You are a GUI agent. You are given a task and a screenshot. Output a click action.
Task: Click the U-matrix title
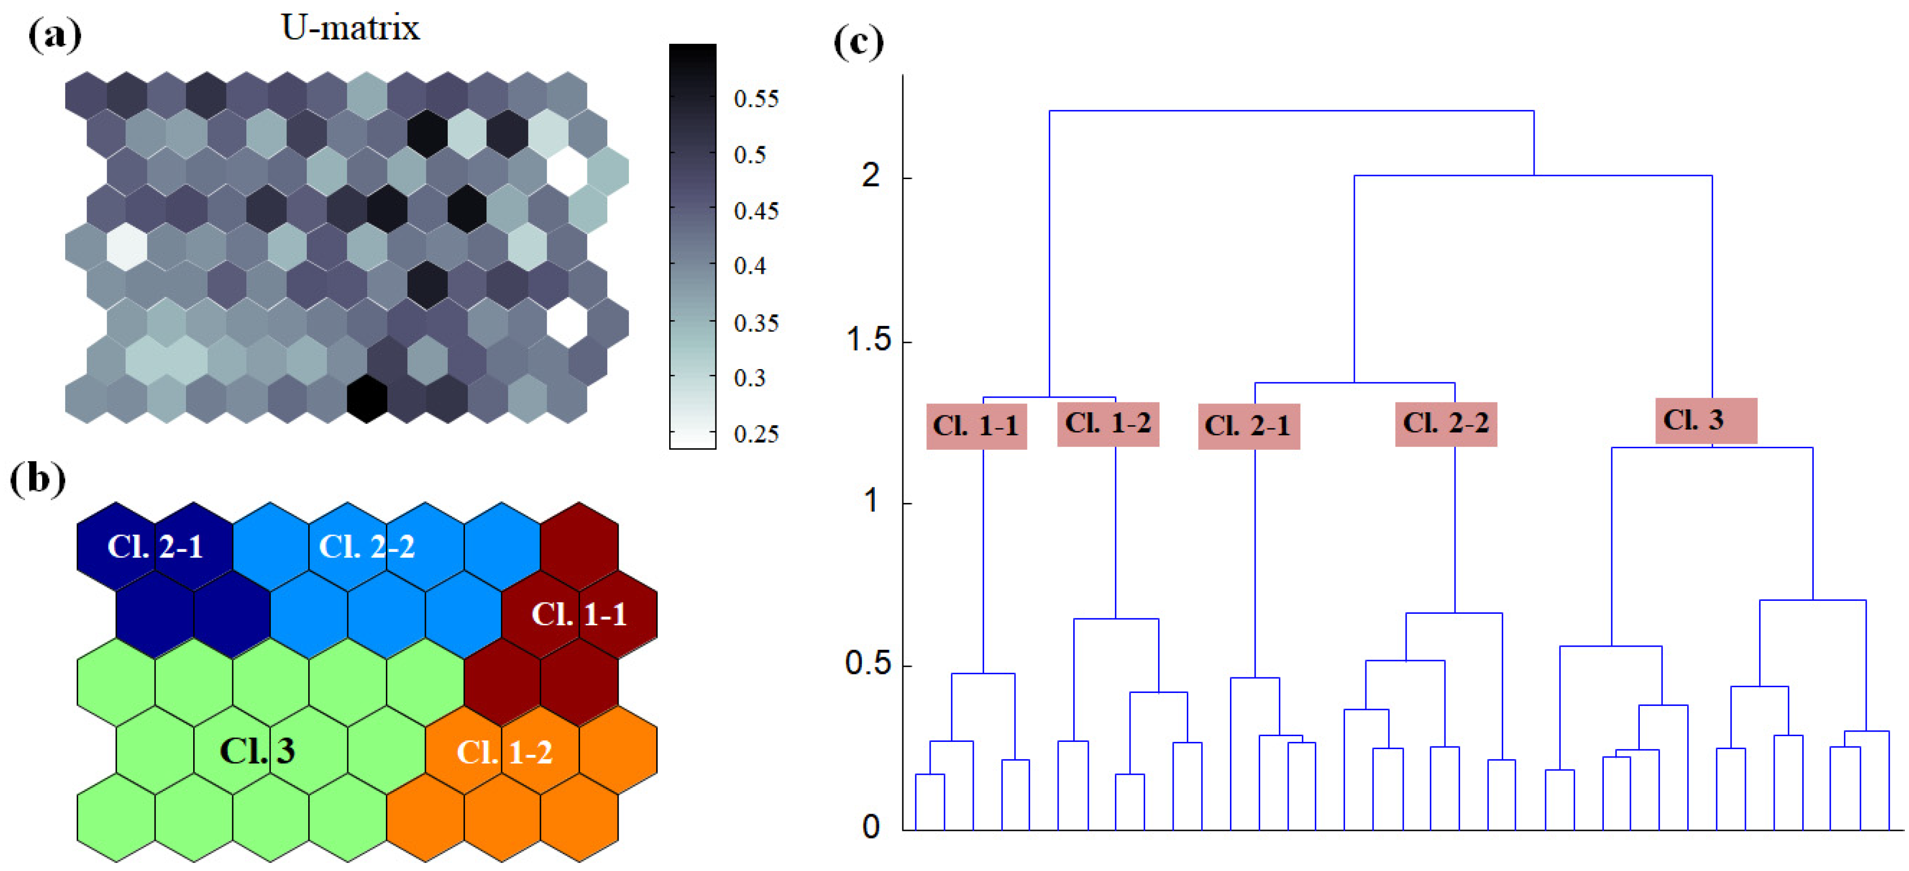(x=350, y=28)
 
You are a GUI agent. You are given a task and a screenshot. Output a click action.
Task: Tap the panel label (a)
(x=54, y=35)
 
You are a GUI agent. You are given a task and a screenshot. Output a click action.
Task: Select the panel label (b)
(x=37, y=479)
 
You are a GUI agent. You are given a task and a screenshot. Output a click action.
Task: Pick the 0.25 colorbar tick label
(x=756, y=434)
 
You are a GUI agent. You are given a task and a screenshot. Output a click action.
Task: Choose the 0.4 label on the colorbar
(x=750, y=266)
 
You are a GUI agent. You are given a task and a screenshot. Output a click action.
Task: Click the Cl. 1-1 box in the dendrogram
(x=976, y=426)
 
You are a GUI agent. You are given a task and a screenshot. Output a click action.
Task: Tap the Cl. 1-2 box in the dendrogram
(x=1108, y=424)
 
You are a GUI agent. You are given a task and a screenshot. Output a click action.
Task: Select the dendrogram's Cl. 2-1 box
(x=1248, y=426)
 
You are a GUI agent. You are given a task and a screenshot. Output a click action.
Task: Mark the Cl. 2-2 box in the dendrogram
(x=1446, y=424)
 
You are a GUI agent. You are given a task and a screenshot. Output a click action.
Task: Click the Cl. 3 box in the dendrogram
(x=1705, y=421)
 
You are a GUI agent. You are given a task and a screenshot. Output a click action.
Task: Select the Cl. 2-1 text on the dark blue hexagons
(x=155, y=547)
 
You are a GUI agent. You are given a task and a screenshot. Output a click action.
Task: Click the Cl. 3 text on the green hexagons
(x=257, y=751)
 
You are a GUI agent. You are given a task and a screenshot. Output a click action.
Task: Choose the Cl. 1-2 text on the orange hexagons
(x=504, y=752)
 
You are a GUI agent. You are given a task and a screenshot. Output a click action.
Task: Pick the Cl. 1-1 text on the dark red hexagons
(x=579, y=614)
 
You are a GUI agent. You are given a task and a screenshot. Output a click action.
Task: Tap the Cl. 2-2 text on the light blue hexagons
(x=366, y=547)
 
